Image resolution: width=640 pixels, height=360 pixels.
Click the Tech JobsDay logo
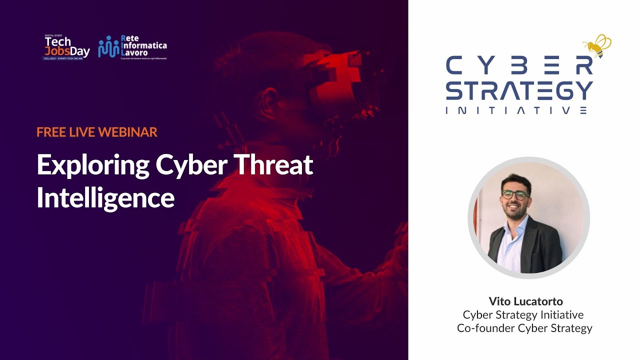click(66, 48)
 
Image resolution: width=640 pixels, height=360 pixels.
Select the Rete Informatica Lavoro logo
click(132, 47)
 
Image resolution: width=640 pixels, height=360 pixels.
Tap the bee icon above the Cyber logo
click(597, 46)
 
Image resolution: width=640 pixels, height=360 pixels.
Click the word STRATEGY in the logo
click(519, 91)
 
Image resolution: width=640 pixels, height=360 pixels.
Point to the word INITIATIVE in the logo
click(516, 110)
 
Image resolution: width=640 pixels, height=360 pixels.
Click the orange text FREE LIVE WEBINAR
click(97, 132)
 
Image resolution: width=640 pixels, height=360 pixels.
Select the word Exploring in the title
click(93, 165)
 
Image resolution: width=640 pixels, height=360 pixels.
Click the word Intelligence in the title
click(105, 198)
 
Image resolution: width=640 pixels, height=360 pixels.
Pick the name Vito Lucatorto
click(525, 301)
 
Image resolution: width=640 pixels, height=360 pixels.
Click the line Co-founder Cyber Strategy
click(524, 328)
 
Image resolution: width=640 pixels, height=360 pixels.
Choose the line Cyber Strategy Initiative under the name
click(523, 315)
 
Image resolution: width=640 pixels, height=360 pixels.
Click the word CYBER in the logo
click(519, 65)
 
